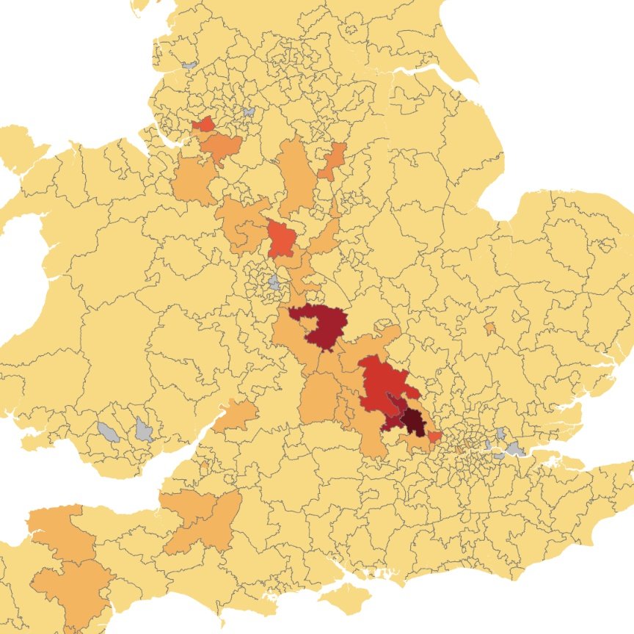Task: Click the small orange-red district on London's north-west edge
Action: pos(434,437)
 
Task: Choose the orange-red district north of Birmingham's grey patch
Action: pos(282,238)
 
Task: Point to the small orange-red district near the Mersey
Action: pos(203,124)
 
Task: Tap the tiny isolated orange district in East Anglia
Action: pos(489,328)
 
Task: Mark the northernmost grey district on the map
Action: pos(189,65)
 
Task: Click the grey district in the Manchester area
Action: pos(249,112)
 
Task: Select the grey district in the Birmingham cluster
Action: pos(274,282)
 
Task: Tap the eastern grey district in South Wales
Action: pos(143,429)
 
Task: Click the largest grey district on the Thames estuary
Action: pos(517,448)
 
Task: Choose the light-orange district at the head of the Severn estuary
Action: pos(236,415)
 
